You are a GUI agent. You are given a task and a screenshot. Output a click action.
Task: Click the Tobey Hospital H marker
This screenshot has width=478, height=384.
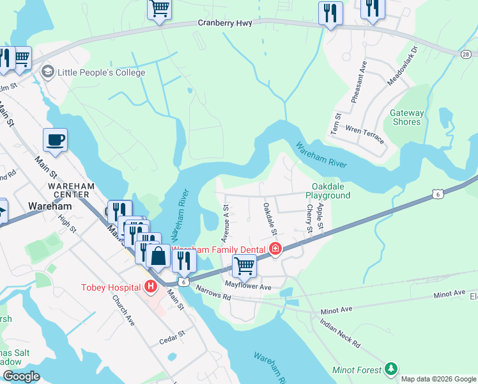(x=151, y=286)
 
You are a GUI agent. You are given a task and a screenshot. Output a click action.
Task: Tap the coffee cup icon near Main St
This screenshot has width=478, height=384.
(x=55, y=140)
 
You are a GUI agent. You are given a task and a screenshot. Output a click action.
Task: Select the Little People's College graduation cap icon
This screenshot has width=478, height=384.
(x=47, y=72)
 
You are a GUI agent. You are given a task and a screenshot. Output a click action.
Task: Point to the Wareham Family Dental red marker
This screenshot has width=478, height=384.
(x=275, y=248)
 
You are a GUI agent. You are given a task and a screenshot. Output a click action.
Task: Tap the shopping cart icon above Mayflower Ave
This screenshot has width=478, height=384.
(x=244, y=264)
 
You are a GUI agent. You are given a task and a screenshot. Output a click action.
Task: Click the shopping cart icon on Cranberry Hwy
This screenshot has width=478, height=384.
(x=159, y=9)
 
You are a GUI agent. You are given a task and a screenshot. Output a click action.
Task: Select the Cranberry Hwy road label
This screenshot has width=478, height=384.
(x=225, y=23)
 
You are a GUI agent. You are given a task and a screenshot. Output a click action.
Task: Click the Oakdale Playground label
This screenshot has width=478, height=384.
(x=328, y=190)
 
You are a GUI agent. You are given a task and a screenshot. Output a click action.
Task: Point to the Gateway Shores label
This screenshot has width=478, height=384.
(x=406, y=117)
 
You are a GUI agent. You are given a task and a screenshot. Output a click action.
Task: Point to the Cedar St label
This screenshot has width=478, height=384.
(x=172, y=333)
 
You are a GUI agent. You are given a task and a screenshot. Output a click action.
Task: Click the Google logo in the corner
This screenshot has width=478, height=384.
(x=22, y=376)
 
